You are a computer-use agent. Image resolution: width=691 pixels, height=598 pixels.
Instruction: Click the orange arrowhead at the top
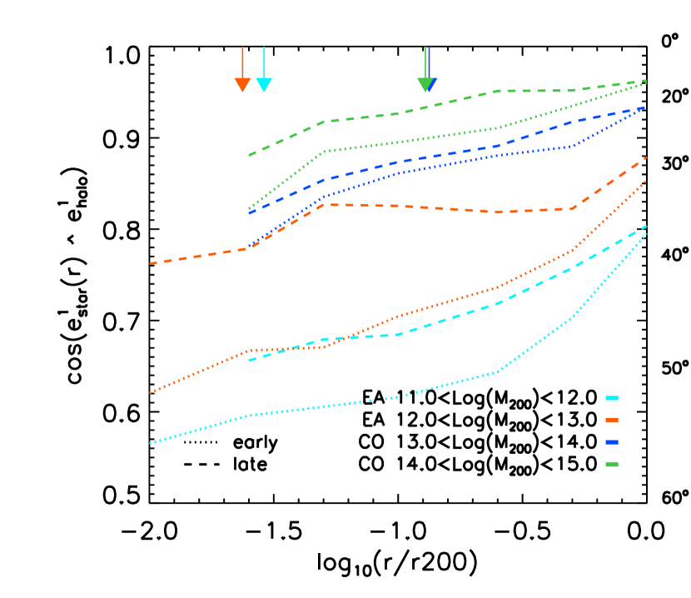coord(242,85)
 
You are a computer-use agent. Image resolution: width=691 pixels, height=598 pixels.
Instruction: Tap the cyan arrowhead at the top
coord(264,85)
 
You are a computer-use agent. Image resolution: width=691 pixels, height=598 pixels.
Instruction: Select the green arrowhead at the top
coord(425,85)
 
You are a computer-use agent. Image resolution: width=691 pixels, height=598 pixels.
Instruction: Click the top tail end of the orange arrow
coord(242,47)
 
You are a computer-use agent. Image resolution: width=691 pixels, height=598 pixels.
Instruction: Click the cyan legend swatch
coord(612,398)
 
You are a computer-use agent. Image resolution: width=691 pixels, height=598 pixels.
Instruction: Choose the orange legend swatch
coord(612,420)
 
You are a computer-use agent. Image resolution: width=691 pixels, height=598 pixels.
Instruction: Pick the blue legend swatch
coord(612,442)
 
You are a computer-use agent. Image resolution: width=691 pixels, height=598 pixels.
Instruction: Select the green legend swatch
coord(612,464)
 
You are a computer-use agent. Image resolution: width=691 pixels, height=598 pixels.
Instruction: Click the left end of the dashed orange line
coord(151,263)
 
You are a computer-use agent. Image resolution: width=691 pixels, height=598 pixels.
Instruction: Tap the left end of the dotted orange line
coord(151,392)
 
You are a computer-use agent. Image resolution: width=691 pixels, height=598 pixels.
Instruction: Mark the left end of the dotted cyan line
coord(151,443)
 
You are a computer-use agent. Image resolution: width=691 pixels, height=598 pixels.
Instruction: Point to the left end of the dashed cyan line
coord(249,360)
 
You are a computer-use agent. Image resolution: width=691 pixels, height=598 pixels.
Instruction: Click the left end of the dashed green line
coord(249,156)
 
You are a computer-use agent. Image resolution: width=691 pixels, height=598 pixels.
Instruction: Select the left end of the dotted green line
coord(249,208)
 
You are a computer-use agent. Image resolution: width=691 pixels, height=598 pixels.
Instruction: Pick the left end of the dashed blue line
coord(249,213)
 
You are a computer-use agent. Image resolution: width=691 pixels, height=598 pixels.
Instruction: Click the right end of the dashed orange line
coord(646,157)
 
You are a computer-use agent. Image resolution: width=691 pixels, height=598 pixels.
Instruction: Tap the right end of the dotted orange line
coord(646,180)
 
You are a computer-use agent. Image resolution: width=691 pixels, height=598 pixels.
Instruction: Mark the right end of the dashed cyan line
coord(646,226)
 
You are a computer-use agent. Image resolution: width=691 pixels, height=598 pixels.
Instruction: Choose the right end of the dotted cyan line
coord(646,235)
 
